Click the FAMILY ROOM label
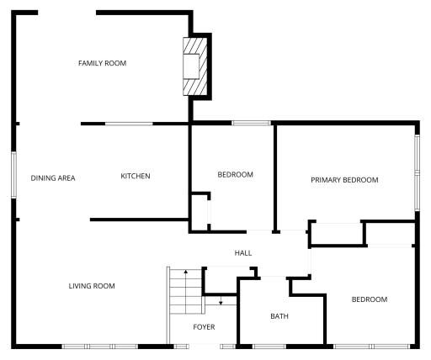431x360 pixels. coord(102,63)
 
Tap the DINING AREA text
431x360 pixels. coord(53,178)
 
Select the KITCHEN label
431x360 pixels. coord(136,176)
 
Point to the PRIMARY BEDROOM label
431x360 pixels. coord(344,180)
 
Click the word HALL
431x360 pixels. coord(243,253)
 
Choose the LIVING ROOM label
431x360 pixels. coord(92,286)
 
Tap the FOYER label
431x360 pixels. coord(204,327)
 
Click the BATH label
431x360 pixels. coord(279,316)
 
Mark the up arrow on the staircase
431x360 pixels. coord(186,292)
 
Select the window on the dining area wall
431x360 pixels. coord(13,175)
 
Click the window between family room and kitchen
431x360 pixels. coord(129,124)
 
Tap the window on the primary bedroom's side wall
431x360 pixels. coord(418,172)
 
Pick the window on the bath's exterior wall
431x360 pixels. coord(269,347)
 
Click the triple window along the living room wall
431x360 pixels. coord(99,347)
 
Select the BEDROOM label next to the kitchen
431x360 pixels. coord(235,175)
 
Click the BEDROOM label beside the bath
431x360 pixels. coord(370,299)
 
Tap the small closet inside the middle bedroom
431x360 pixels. coord(200,213)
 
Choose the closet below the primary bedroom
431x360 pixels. coord(337,233)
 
